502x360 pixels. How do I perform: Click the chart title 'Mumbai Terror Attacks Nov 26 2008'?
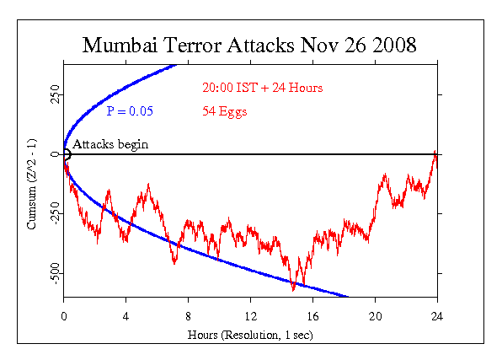coord(249,45)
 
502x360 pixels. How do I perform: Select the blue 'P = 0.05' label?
coord(130,110)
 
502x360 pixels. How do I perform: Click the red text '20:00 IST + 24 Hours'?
coord(262,88)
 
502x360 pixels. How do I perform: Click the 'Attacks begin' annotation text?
coord(110,144)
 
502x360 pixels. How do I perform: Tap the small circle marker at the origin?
coord(66,153)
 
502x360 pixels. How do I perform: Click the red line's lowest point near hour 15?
coord(293,290)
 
